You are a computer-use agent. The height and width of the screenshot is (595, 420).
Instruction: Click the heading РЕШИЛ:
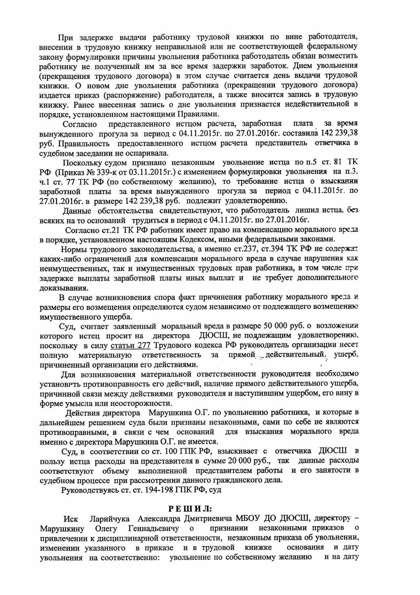pyautogui.click(x=190, y=509)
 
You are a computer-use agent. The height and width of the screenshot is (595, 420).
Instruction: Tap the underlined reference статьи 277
pyautogui.click(x=131, y=345)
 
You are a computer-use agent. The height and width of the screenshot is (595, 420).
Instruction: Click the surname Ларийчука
pyautogui.click(x=110, y=519)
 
